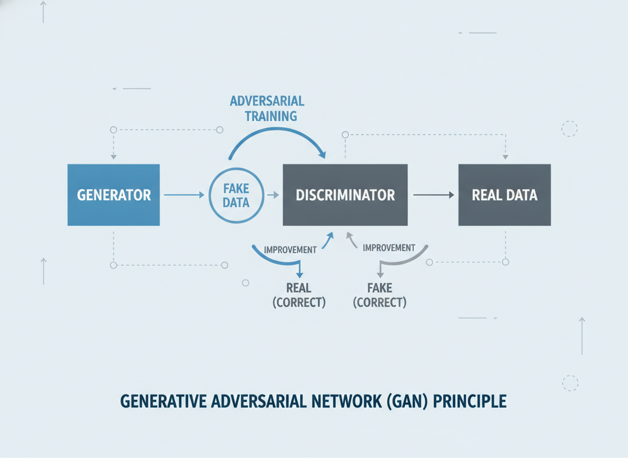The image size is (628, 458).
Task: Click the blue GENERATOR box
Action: point(114,195)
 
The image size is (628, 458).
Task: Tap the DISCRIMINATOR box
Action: point(345,195)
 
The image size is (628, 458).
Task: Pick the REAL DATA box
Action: point(504,195)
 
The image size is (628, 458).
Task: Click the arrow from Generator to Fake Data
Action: point(184,195)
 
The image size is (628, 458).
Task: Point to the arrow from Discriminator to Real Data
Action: point(434,195)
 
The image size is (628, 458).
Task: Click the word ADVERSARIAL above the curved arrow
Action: point(267,101)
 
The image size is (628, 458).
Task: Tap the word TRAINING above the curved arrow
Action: point(271,116)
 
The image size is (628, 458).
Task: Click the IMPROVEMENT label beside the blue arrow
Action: point(290,250)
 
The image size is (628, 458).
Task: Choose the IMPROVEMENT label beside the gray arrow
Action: point(389,248)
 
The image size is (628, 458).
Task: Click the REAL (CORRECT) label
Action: point(299,295)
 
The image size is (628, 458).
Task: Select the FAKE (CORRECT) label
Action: point(380,295)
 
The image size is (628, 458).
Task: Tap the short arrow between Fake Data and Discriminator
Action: point(273,195)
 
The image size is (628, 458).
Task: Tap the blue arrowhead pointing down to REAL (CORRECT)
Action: point(300,275)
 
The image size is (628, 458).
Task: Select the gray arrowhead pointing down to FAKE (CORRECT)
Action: point(380,275)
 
